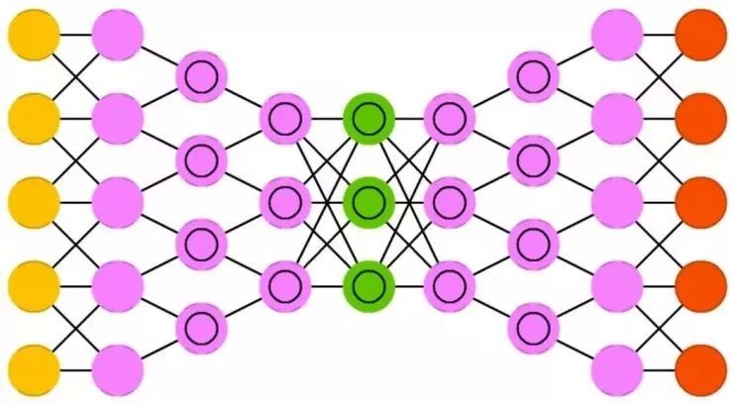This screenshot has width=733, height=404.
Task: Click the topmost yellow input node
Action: [34, 35]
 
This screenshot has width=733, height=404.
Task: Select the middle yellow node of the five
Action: [34, 202]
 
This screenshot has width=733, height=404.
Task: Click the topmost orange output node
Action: [699, 35]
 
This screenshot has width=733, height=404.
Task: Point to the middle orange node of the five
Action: [699, 202]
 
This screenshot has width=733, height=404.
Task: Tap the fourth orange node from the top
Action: [699, 286]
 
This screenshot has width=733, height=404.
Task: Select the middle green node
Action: [368, 202]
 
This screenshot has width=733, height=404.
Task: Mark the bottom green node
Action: [368, 285]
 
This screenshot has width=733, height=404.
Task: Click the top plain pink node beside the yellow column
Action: [118, 35]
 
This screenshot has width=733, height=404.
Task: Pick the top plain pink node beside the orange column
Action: [617, 35]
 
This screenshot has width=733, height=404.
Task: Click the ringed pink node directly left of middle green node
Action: [286, 202]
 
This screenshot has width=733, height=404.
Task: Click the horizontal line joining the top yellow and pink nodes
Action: [75, 35]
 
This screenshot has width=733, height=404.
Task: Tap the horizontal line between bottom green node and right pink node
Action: [409, 286]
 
